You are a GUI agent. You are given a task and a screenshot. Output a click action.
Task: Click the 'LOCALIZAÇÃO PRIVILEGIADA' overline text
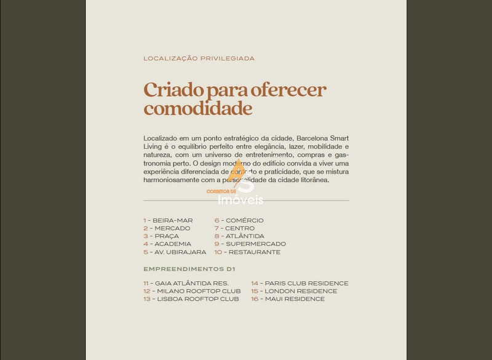pyautogui.click(x=199, y=58)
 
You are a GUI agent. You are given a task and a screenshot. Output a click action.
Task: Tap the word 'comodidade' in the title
pyautogui.click(x=197, y=109)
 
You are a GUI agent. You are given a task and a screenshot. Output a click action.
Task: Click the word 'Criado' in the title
pyautogui.click(x=173, y=90)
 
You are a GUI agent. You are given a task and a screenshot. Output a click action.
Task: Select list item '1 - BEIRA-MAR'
pyautogui.click(x=168, y=220)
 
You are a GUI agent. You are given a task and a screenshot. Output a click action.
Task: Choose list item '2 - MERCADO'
pyautogui.click(x=167, y=228)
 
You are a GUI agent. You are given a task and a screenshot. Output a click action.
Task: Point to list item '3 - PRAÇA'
pyautogui.click(x=162, y=236)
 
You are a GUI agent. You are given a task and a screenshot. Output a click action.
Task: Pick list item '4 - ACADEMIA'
pyautogui.click(x=167, y=244)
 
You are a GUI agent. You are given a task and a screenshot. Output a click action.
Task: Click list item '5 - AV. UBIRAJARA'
pyautogui.click(x=175, y=252)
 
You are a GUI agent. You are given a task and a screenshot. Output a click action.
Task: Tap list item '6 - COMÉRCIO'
pyautogui.click(x=239, y=220)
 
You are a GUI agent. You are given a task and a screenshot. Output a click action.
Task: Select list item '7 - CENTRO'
pyautogui.click(x=234, y=228)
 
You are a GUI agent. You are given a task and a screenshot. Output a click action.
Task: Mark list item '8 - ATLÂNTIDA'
pyautogui.click(x=239, y=236)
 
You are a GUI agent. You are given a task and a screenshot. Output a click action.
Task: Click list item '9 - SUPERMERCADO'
pyautogui.click(x=250, y=244)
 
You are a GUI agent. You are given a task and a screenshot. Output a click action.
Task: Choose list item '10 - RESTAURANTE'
pyautogui.click(x=247, y=252)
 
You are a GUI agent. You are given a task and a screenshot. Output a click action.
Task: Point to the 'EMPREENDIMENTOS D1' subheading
pyautogui.click(x=189, y=269)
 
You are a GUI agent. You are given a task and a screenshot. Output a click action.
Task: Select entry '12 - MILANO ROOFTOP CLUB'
pyautogui.click(x=192, y=291)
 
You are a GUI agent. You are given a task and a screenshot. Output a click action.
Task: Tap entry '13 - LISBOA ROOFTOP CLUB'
pyautogui.click(x=191, y=299)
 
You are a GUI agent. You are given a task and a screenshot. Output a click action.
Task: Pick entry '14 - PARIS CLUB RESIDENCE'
pyautogui.click(x=300, y=283)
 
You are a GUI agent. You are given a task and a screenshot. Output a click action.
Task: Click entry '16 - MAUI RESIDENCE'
pyautogui.click(x=287, y=299)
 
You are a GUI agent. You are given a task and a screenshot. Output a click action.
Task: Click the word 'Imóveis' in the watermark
pyautogui.click(x=245, y=200)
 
